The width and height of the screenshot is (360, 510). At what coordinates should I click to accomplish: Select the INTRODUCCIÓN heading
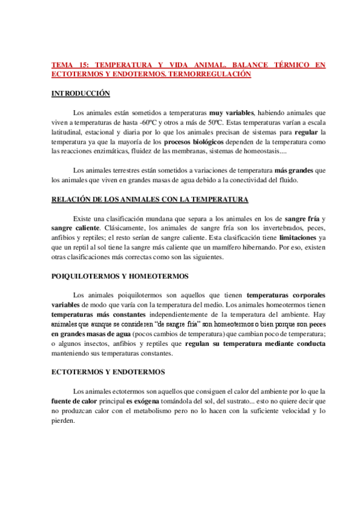tap(81, 93)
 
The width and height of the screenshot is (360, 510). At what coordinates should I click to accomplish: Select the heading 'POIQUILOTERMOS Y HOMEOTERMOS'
tap(120, 276)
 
